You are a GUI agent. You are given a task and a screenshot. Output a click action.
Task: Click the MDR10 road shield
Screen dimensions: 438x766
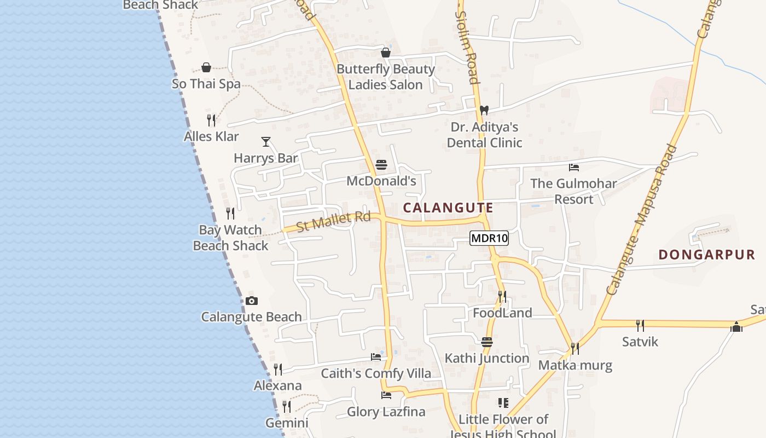pos(489,238)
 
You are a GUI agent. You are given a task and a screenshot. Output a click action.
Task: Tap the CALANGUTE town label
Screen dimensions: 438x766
pos(448,208)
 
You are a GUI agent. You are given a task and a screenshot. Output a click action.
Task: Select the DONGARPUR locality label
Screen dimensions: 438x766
pos(706,255)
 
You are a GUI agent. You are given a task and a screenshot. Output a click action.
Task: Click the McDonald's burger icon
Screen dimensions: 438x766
pos(381,165)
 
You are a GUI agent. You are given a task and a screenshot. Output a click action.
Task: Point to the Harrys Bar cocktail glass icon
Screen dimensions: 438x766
pos(266,142)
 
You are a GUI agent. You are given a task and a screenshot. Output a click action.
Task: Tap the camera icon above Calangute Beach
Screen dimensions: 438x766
pos(252,301)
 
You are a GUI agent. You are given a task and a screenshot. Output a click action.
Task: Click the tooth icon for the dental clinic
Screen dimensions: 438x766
pos(484,110)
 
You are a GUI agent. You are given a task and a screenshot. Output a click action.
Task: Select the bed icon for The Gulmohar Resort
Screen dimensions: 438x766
pos(573,168)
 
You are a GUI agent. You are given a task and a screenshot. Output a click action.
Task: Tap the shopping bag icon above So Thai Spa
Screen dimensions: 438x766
pos(206,68)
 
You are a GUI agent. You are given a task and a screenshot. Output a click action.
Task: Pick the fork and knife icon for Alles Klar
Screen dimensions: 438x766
pos(211,120)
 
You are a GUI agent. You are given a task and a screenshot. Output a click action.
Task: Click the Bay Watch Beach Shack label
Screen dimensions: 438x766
pos(230,238)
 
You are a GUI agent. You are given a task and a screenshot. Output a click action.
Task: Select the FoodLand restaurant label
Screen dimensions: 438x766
pos(502,313)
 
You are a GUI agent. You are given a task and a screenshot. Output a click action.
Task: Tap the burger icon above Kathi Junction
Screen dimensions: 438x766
pos(487,342)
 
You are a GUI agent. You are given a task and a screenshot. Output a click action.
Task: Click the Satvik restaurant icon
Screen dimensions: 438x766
pos(640,326)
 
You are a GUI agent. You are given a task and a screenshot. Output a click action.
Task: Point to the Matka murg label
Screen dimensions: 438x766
pos(575,365)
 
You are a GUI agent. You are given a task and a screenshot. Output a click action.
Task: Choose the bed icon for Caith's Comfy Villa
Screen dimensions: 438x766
pos(376,357)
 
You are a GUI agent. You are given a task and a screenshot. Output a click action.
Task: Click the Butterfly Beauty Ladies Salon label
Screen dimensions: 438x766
pos(386,77)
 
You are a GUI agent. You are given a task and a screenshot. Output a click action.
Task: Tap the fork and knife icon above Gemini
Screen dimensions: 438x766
pos(286,406)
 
